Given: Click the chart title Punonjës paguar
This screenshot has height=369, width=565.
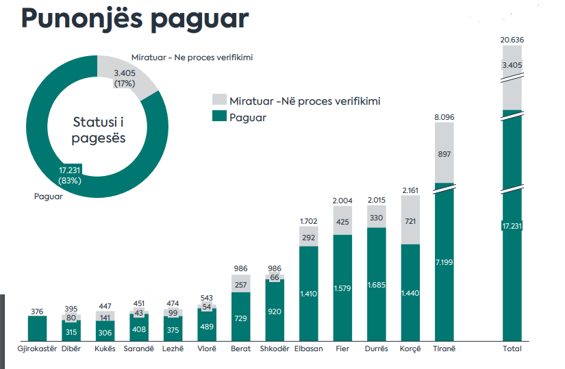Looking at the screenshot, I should coord(134,18).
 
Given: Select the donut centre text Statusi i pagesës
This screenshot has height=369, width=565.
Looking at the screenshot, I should coord(99,129).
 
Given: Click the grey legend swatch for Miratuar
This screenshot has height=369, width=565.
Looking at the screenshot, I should coord(219,101).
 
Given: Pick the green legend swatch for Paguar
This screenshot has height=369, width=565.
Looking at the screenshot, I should coord(219,117).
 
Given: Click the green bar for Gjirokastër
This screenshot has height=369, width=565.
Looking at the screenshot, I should coord(37,329).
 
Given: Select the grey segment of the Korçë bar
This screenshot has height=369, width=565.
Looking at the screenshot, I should coord(410,220).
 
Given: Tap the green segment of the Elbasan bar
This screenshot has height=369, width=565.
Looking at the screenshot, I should coord(310,293).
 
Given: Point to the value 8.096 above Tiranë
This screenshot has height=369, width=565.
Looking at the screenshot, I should coord(444,118).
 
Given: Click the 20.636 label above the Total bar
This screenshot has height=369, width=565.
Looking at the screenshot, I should coord(512,40).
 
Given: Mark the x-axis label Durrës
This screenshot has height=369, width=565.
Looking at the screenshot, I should coord(377,349).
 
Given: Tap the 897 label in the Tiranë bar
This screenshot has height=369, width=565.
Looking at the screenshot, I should coord(444,155).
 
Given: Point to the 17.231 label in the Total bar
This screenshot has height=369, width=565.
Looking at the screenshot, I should coord(512,225).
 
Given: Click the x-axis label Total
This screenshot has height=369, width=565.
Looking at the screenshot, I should coord(512,349).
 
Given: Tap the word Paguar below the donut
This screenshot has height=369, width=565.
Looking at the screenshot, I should coord(49,196).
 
